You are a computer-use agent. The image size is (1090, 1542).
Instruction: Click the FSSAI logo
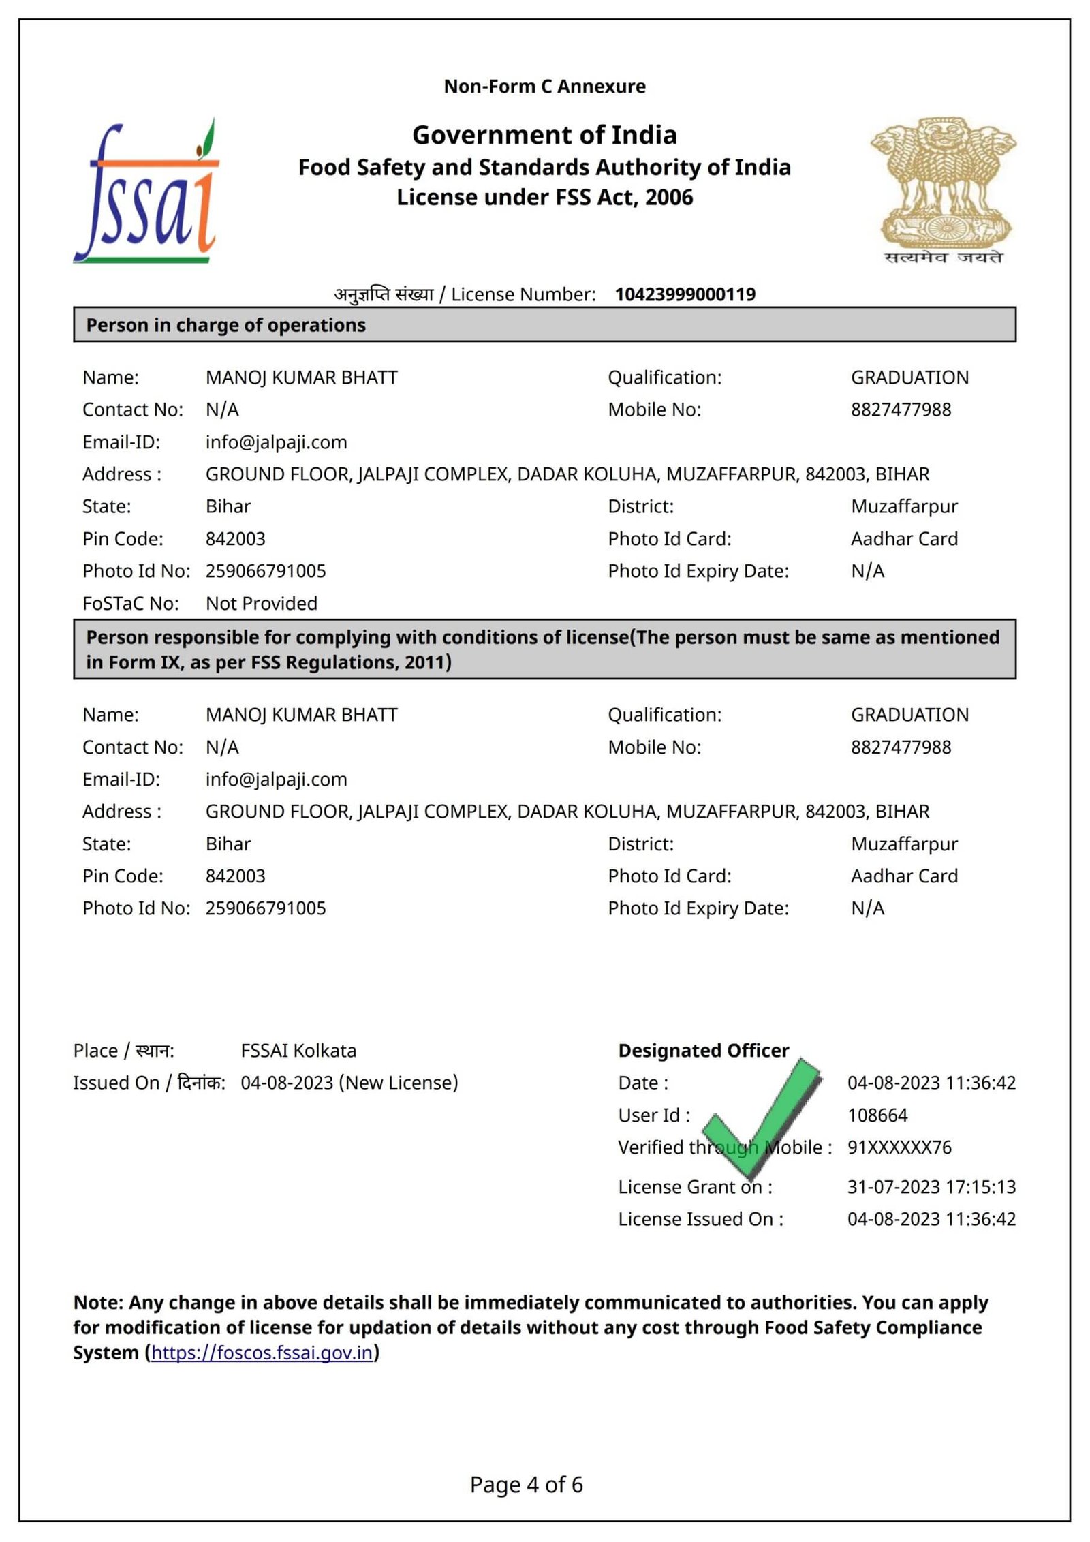[x=146, y=193]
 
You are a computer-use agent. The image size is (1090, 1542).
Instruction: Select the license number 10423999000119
[x=685, y=294]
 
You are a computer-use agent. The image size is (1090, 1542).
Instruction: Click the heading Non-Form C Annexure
[x=544, y=87]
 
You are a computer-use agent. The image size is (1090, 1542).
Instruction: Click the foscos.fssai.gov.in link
[x=262, y=1353]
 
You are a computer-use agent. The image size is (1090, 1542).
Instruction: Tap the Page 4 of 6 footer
[x=526, y=1485]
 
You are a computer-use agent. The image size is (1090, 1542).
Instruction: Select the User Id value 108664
[x=877, y=1115]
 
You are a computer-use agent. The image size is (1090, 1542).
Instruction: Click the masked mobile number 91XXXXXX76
[x=899, y=1147]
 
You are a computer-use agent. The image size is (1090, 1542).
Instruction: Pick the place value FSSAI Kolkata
[x=298, y=1051]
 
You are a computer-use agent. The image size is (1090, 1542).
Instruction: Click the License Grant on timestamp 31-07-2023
[x=931, y=1187]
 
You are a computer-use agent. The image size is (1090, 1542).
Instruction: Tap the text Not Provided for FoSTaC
[x=262, y=604]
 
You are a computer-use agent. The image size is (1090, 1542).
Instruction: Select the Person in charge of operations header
[x=225, y=325]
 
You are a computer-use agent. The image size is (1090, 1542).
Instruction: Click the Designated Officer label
[x=704, y=1051]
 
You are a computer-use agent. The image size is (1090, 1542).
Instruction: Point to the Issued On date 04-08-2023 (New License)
[x=349, y=1083]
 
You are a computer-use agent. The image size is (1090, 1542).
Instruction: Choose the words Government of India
[x=544, y=135]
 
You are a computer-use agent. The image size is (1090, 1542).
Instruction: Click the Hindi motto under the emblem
[x=944, y=258]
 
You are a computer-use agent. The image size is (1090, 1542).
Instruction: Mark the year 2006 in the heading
[x=669, y=198]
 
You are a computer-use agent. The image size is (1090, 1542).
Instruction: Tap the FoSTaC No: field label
[x=131, y=604]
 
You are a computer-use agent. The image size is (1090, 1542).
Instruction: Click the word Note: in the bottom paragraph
[x=98, y=1303]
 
